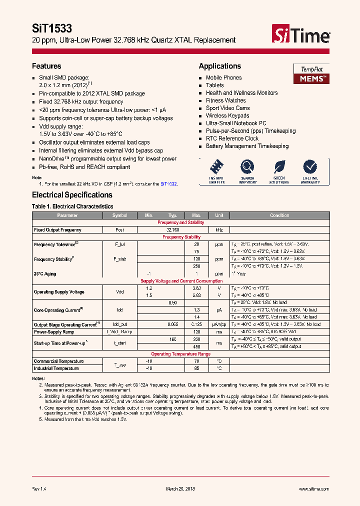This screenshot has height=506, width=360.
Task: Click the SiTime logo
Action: pyautogui.click(x=300, y=35)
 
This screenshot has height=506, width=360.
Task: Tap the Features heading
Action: pyautogui.click(x=46, y=66)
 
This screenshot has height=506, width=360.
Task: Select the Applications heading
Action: pyautogui.click(x=219, y=66)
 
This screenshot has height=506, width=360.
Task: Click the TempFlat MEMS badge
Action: pyautogui.click(x=310, y=73)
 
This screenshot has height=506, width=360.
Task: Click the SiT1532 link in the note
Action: pyautogui.click(x=168, y=184)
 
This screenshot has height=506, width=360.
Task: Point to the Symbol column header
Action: pyautogui.click(x=119, y=215)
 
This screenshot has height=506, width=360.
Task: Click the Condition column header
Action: pyautogui.click(x=279, y=215)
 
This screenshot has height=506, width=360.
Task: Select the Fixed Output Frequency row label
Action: pyautogui.click(x=57, y=230)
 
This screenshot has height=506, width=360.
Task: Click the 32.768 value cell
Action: pyautogui.click(x=172, y=230)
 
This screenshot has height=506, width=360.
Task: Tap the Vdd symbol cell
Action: pyautogui.click(x=119, y=292)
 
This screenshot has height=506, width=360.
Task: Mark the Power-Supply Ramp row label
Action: pyautogui.click(x=54, y=331)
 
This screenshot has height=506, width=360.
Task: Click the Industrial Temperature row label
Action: pyautogui.click(x=56, y=368)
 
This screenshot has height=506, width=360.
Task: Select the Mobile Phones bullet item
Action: pyautogui.click(x=223, y=77)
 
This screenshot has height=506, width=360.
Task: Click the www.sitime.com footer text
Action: pyautogui.click(x=313, y=489)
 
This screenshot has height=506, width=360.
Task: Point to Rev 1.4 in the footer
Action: pyautogui.click(x=39, y=489)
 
